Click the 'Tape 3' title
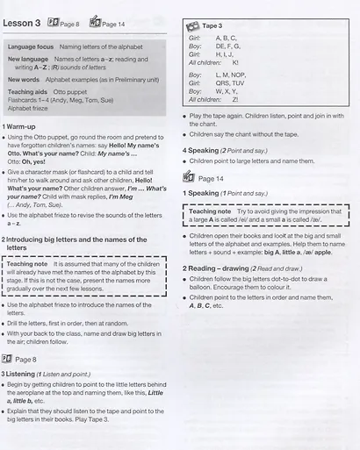[x=211, y=26]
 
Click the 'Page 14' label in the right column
[x=211, y=177]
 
